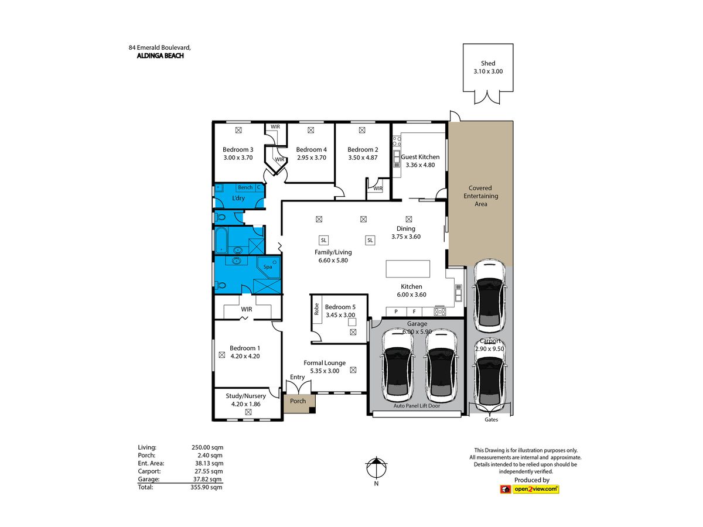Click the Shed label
[x=487, y=63]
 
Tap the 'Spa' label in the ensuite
[x=267, y=266]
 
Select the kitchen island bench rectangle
[x=407, y=268]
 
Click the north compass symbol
[x=376, y=468]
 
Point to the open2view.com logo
[x=529, y=488]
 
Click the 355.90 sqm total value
[x=206, y=487]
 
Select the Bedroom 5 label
[x=340, y=307]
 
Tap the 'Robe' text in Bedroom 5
[x=316, y=309]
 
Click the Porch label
[x=298, y=401]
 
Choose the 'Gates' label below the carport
[x=491, y=419]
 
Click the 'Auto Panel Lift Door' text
[x=417, y=406]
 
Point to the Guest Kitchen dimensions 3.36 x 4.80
[x=420, y=165]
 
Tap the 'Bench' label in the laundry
[x=245, y=187]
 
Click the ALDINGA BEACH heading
[x=160, y=56]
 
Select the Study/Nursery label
[x=245, y=396]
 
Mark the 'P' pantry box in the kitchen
[x=396, y=312]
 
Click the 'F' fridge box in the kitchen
[x=414, y=312]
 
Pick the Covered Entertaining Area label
[x=480, y=196]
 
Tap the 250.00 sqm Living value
[x=207, y=447]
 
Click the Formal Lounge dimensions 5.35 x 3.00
[x=325, y=371]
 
